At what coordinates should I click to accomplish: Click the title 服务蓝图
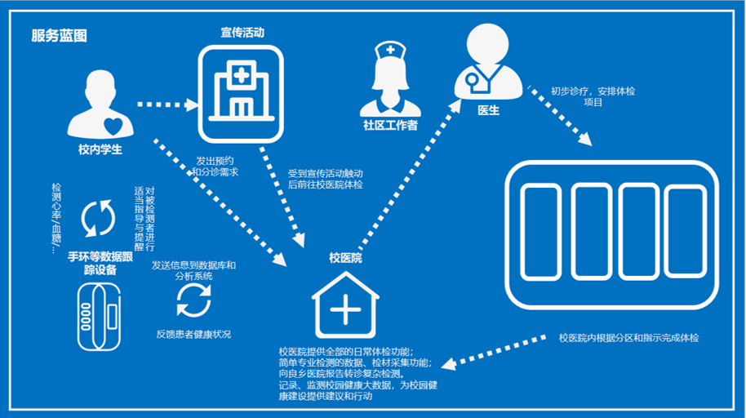pyautogui.click(x=58, y=36)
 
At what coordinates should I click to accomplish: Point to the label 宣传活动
pyautogui.click(x=242, y=33)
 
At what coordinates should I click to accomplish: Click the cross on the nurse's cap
pyautogui.click(x=390, y=50)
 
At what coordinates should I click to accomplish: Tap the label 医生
pyautogui.click(x=488, y=110)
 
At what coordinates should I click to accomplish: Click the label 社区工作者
pyautogui.click(x=390, y=126)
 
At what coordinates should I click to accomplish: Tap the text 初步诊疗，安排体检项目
pyautogui.click(x=593, y=96)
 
